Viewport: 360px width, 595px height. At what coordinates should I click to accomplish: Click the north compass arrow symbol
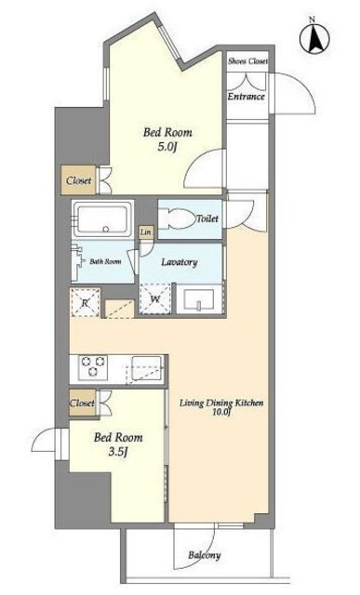pyautogui.click(x=314, y=38)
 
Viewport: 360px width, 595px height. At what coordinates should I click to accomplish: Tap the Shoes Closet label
pyautogui.click(x=247, y=61)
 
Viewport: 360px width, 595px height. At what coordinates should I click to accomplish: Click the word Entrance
pyautogui.click(x=247, y=97)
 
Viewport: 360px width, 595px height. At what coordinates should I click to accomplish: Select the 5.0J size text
pyautogui.click(x=167, y=147)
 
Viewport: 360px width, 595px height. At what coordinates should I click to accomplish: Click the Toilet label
pyautogui.click(x=207, y=218)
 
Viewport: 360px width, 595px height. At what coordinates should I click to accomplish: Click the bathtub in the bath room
pyautogui.click(x=102, y=219)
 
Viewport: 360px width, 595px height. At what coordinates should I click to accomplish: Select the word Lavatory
pyautogui.click(x=180, y=262)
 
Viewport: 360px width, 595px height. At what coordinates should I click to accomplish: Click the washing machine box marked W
pyautogui.click(x=155, y=299)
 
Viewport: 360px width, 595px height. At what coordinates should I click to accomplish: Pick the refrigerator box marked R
pyautogui.click(x=86, y=302)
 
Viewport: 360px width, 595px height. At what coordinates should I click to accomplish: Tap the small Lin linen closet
pyautogui.click(x=146, y=231)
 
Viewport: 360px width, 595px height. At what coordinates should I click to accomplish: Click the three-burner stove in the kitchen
pyautogui.click(x=93, y=367)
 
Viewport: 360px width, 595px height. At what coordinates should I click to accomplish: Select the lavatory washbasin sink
pyautogui.click(x=199, y=299)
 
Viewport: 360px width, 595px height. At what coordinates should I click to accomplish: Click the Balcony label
pyautogui.click(x=205, y=555)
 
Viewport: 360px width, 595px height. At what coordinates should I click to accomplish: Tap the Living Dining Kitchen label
pyautogui.click(x=221, y=407)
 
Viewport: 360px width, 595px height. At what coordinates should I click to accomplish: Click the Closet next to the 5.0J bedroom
pyautogui.click(x=79, y=180)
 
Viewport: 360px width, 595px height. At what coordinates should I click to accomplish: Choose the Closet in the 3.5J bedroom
pyautogui.click(x=83, y=403)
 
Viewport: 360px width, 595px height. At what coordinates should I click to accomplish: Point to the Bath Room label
pyautogui.click(x=105, y=261)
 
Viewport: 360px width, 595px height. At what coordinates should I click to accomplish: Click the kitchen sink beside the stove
pyautogui.click(x=146, y=368)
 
